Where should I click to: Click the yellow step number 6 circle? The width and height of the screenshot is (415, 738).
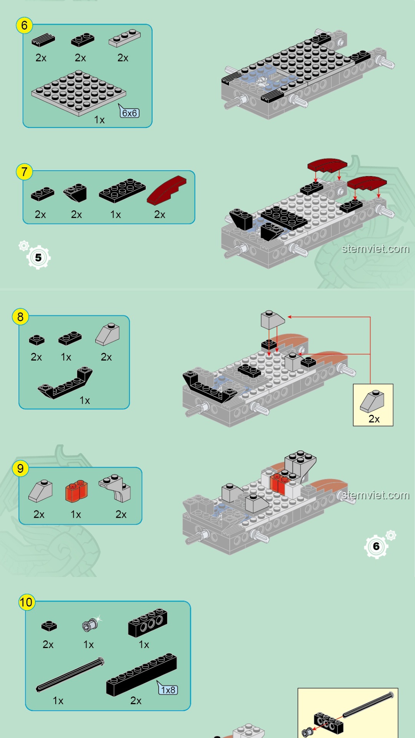click(24, 25)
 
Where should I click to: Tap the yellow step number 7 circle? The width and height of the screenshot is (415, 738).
click(24, 171)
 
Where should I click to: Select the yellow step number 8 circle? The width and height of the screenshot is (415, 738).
click(20, 317)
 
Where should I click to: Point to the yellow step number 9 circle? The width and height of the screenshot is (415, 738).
click(20, 469)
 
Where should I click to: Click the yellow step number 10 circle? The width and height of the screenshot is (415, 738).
click(27, 602)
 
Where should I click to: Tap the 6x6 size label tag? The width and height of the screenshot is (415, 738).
click(129, 113)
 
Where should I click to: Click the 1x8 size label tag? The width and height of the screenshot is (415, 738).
click(168, 690)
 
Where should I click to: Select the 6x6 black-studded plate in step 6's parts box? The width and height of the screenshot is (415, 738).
click(79, 92)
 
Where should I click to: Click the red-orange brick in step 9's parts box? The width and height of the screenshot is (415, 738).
click(76, 491)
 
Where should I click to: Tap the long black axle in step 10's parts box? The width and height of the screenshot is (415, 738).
click(70, 675)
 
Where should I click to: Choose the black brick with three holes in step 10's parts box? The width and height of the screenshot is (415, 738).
click(148, 622)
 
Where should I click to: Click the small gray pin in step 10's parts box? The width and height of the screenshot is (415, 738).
click(90, 625)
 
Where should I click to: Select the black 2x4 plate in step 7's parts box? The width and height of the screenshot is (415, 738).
click(122, 190)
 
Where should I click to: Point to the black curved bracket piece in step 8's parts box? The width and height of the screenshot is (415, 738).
click(65, 383)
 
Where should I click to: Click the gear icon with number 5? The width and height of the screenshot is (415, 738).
click(38, 257)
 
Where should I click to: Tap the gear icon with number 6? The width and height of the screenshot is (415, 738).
click(376, 546)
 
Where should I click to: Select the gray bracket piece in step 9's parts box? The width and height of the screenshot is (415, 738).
click(115, 488)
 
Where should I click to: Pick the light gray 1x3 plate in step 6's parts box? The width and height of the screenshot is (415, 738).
click(124, 37)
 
